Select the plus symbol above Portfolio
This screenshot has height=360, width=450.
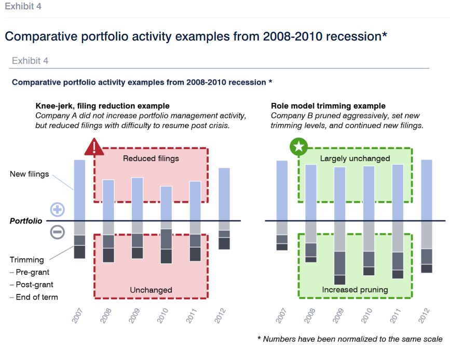pos(57,210)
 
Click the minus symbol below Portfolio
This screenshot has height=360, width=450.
pos(57,232)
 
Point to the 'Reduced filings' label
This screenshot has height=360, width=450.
pos(151,158)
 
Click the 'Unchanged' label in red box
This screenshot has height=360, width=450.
pos(151,290)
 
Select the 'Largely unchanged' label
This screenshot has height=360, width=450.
pos(355,158)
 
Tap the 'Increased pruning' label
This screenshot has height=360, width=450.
pos(355,290)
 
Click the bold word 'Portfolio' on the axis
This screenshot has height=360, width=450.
pos(26,221)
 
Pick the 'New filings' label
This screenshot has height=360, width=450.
pos(29,174)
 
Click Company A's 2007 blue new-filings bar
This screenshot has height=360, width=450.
pos(79,190)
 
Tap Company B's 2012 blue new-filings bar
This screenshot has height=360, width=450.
pos(426,190)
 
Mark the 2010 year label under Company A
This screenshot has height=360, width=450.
pos(165,315)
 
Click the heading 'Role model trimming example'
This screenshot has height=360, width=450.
pos(328,106)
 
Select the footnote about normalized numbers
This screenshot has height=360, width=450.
pos(350,339)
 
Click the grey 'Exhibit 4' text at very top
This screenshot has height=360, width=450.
pos(23,6)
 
